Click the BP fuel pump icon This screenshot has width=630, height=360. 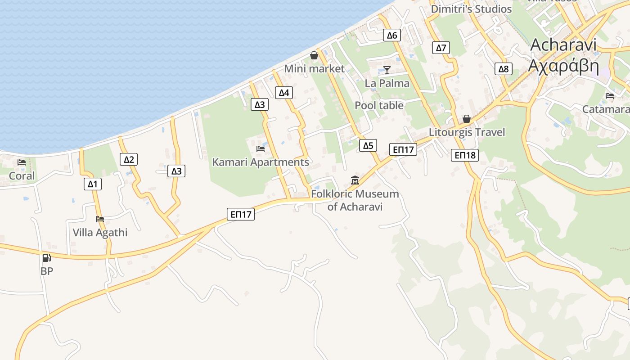pyautogui.click(x=46, y=258)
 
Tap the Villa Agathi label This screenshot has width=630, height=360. pyautogui.click(x=100, y=233)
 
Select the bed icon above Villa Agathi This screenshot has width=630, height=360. pyautogui.click(x=100, y=219)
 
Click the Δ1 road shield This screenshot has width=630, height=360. pyautogui.click(x=92, y=184)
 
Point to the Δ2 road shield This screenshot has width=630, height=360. pyautogui.click(x=129, y=159)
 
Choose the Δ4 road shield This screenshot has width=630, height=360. pyautogui.click(x=284, y=93)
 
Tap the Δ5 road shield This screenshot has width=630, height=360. pyautogui.click(x=368, y=145)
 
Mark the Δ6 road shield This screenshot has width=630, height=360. pyautogui.click(x=392, y=36)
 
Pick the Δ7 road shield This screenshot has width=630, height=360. pyautogui.click(x=441, y=48)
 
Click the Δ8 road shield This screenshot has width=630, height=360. pyautogui.click(x=503, y=69)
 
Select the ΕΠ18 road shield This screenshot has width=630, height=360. pyautogui.click(x=465, y=155)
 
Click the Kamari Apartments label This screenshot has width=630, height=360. pyautogui.click(x=261, y=162)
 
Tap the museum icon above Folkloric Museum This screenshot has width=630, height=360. pyautogui.click(x=355, y=180)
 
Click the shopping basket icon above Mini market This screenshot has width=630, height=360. pyautogui.click(x=314, y=55)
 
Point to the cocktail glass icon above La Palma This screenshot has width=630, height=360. pyautogui.click(x=387, y=70)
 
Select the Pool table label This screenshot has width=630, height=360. pyautogui.click(x=379, y=105)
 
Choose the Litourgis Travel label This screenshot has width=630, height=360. pyautogui.click(x=467, y=132)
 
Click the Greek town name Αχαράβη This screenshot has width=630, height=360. pyautogui.click(x=563, y=66)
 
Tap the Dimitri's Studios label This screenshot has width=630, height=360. pyautogui.click(x=471, y=9)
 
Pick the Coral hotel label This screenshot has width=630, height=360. pyautogui.click(x=22, y=176)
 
